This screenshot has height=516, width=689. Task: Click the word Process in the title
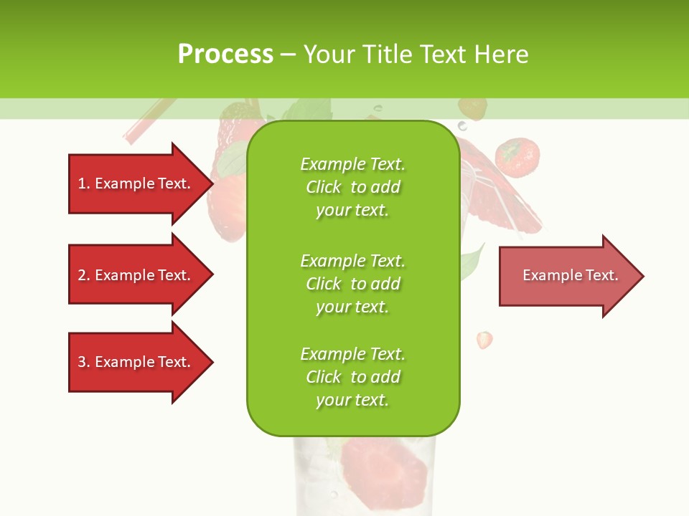click(x=225, y=54)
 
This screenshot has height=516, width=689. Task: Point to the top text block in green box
click(x=352, y=187)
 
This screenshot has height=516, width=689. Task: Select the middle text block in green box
click(x=352, y=284)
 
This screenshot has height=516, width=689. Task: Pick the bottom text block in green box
click(x=352, y=377)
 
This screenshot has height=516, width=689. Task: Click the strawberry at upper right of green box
click(x=517, y=158)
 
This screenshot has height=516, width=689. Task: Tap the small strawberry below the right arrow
click(x=485, y=340)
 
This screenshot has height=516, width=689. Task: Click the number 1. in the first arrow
click(x=84, y=183)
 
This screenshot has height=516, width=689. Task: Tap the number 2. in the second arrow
click(x=84, y=275)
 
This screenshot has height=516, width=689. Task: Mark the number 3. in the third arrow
click(x=84, y=362)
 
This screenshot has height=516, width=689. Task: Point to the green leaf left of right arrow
click(x=471, y=262)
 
